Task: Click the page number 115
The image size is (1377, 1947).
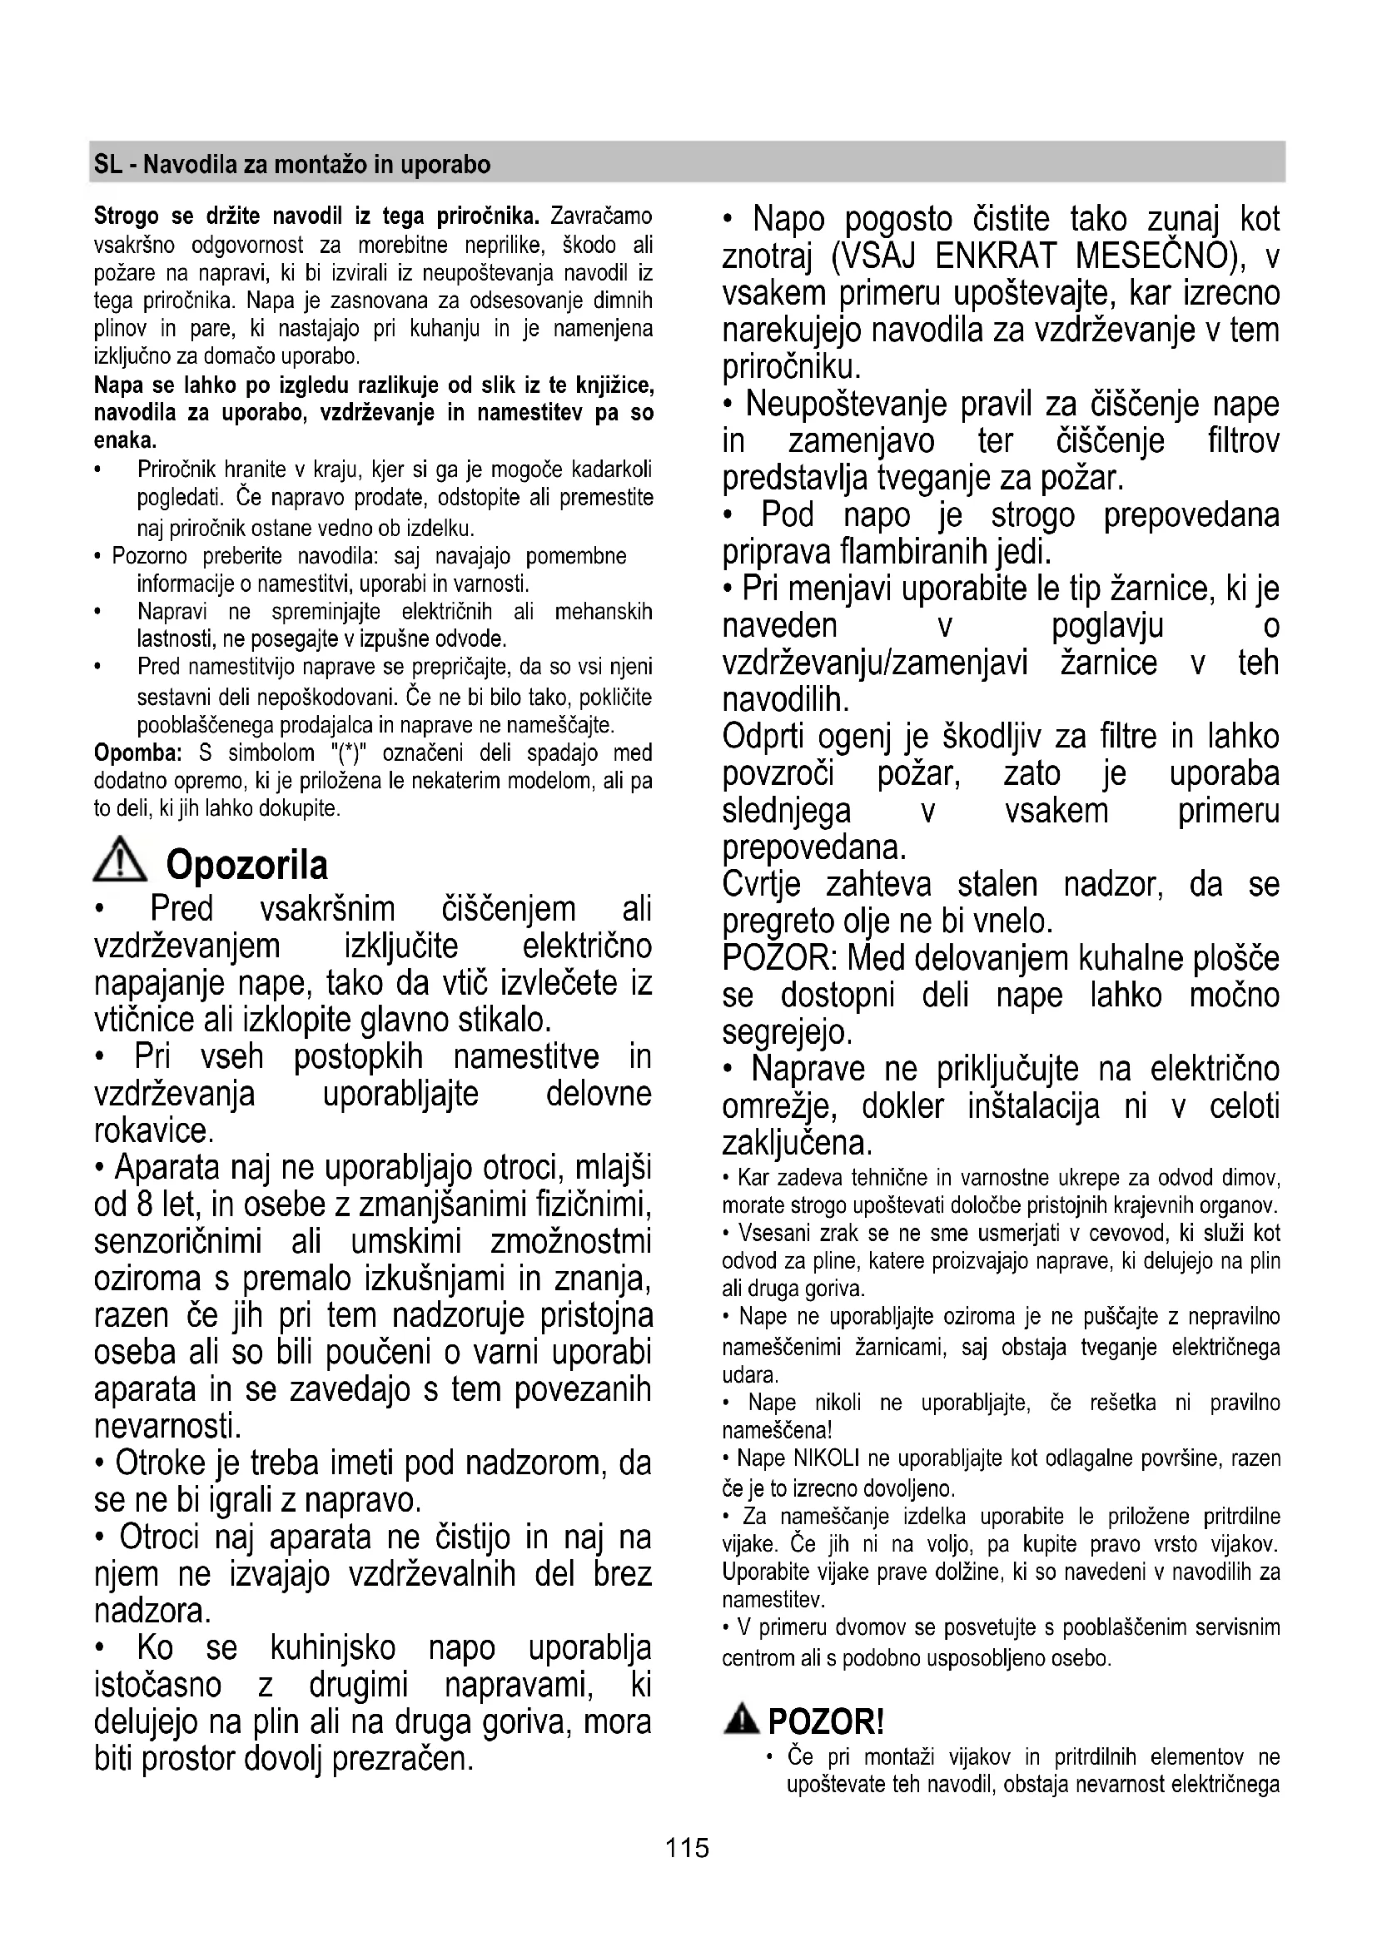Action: click(687, 1847)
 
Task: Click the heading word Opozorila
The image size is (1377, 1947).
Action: click(246, 866)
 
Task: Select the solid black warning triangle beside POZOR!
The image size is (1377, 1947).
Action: click(742, 1721)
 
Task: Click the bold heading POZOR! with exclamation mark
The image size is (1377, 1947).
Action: click(826, 1722)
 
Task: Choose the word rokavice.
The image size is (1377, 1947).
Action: click(154, 1131)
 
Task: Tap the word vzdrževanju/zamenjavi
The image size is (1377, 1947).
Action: click(875, 663)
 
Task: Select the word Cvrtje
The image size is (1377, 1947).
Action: click(762, 886)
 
